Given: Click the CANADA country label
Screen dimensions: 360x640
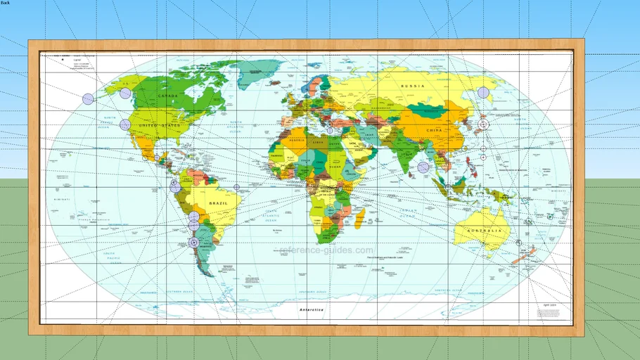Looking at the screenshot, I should (170, 96).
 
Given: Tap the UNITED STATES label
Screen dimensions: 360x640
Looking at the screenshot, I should (160, 127).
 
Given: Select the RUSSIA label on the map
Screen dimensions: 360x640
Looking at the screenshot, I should (413, 86).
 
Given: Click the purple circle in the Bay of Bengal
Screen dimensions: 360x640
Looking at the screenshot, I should (423, 167).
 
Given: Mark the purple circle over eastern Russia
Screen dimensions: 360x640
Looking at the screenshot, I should (483, 92).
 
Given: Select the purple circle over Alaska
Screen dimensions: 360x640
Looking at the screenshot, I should (125, 93).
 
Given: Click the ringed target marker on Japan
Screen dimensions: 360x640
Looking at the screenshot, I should (483, 124).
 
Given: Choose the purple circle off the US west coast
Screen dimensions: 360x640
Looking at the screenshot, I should (125, 124).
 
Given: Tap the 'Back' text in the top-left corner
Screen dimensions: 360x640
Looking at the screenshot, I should (5, 4).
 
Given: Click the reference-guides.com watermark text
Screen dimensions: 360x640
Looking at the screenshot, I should (327, 250).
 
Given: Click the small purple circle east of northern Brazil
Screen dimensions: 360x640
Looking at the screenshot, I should (236, 187).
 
